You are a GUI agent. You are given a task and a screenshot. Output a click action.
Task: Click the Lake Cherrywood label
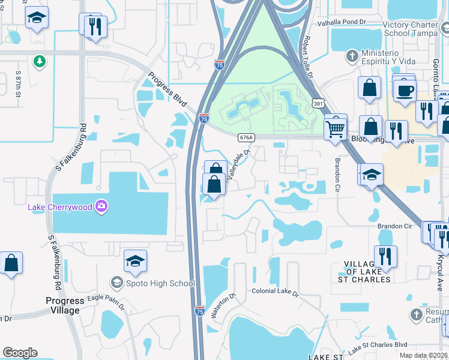[x=60, y=208]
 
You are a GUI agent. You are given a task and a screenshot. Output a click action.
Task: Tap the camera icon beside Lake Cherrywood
[x=103, y=207]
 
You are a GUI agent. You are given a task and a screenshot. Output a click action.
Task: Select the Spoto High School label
[x=159, y=283]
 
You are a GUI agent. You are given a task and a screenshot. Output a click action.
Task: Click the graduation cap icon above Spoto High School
[x=136, y=261]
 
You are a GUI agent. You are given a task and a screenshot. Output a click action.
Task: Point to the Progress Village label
[x=65, y=305]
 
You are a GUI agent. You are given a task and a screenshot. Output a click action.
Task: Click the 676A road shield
[x=246, y=137]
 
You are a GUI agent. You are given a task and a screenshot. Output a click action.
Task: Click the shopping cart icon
[x=336, y=127]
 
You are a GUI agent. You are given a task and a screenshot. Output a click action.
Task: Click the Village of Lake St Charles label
[x=368, y=272]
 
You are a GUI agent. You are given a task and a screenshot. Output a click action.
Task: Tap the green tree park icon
[x=40, y=61]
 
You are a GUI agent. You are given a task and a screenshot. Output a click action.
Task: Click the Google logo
[x=20, y=352]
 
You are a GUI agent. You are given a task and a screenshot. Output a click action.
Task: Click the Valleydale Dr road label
[x=238, y=163]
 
